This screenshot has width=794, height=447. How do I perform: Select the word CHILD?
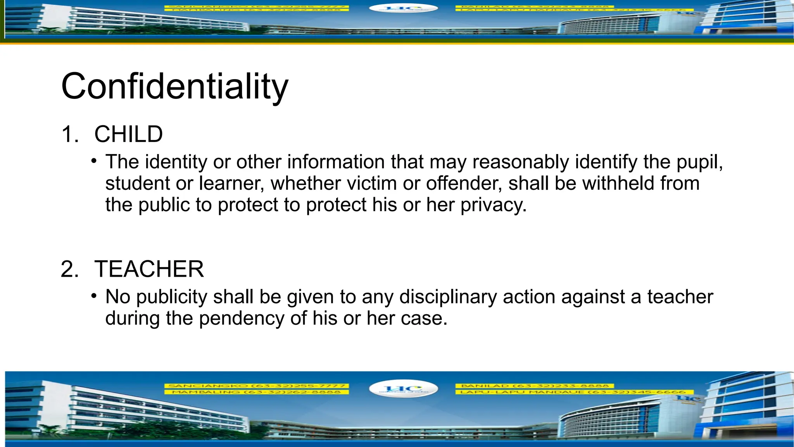tap(128, 134)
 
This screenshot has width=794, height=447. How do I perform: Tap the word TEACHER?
tap(149, 269)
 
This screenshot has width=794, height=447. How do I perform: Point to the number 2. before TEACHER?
tap(70, 269)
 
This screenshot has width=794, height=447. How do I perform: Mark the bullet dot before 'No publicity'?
tap(94, 296)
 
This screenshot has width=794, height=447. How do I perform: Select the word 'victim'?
tap(372, 183)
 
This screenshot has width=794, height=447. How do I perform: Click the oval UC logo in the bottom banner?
tap(403, 389)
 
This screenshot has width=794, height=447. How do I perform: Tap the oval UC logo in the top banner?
tap(403, 8)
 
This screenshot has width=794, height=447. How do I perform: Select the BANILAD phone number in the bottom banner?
tap(535, 386)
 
